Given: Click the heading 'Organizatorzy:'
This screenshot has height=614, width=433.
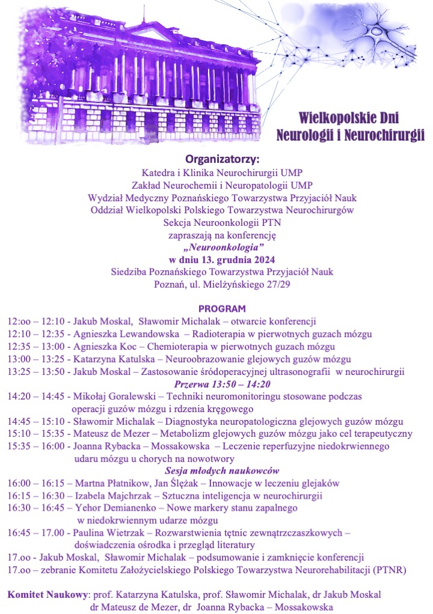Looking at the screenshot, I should pyautogui.click(x=222, y=160).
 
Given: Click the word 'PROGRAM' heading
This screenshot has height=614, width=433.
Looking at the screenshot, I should pyautogui.click(x=222, y=309).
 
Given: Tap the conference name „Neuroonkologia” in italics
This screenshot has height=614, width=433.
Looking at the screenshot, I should pyautogui.click(x=222, y=248).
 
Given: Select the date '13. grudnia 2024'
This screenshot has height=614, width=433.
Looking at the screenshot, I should pyautogui.click(x=239, y=260).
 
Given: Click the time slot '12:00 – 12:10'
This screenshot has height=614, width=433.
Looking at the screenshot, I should pyautogui.click(x=36, y=321).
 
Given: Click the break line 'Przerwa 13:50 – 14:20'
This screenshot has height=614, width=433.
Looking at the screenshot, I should pyautogui.click(x=222, y=385).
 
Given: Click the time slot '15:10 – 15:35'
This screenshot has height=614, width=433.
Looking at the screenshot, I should pyautogui.click(x=36, y=434).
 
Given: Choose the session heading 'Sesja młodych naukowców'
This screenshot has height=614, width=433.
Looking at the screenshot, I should pyautogui.click(x=222, y=471).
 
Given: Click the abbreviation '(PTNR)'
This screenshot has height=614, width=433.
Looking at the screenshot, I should pyautogui.click(x=390, y=570).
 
